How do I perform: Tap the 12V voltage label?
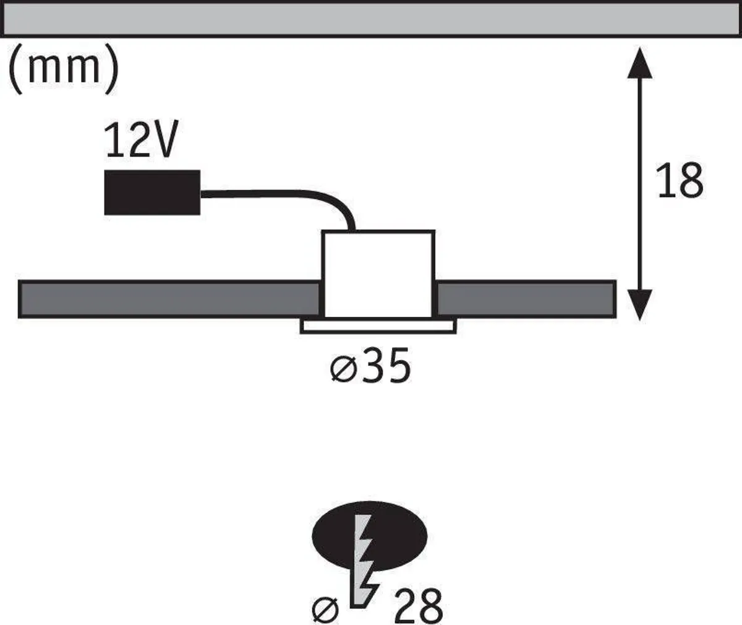tap(142, 140)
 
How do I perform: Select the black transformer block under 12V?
tap(152, 192)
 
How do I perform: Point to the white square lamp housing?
tap(378, 272)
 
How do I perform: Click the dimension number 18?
tap(680, 181)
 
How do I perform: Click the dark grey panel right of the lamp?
tap(526, 299)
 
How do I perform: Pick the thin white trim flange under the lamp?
tap(378, 327)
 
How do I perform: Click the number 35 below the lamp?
tap(386, 366)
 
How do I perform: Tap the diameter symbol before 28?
tap(325, 609)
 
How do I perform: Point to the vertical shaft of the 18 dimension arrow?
tap(640, 186)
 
